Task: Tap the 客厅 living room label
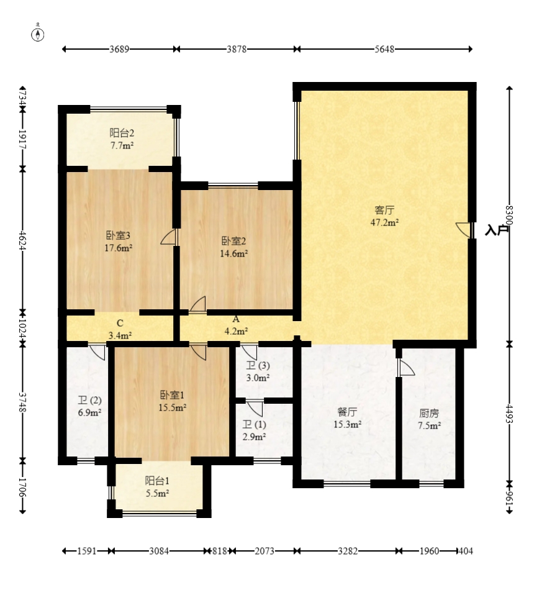click(x=384, y=210)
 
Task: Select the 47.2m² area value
click(x=384, y=222)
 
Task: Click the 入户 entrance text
click(x=497, y=230)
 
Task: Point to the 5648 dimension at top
click(x=384, y=49)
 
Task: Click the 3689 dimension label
click(x=119, y=49)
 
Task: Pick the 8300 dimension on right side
click(x=509, y=216)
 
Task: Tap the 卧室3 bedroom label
click(x=118, y=235)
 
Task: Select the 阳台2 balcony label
click(x=122, y=133)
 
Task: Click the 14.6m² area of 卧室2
click(x=233, y=253)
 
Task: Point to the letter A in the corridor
click(x=236, y=319)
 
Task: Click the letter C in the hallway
click(x=120, y=324)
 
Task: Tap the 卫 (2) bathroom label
click(x=89, y=401)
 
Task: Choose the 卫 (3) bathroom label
click(x=258, y=366)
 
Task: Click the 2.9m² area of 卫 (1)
click(x=254, y=437)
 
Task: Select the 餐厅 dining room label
click(x=347, y=412)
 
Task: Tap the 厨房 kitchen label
click(x=429, y=413)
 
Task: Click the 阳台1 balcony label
click(x=157, y=481)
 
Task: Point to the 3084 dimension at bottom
click(x=159, y=551)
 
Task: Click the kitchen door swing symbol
click(x=406, y=367)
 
